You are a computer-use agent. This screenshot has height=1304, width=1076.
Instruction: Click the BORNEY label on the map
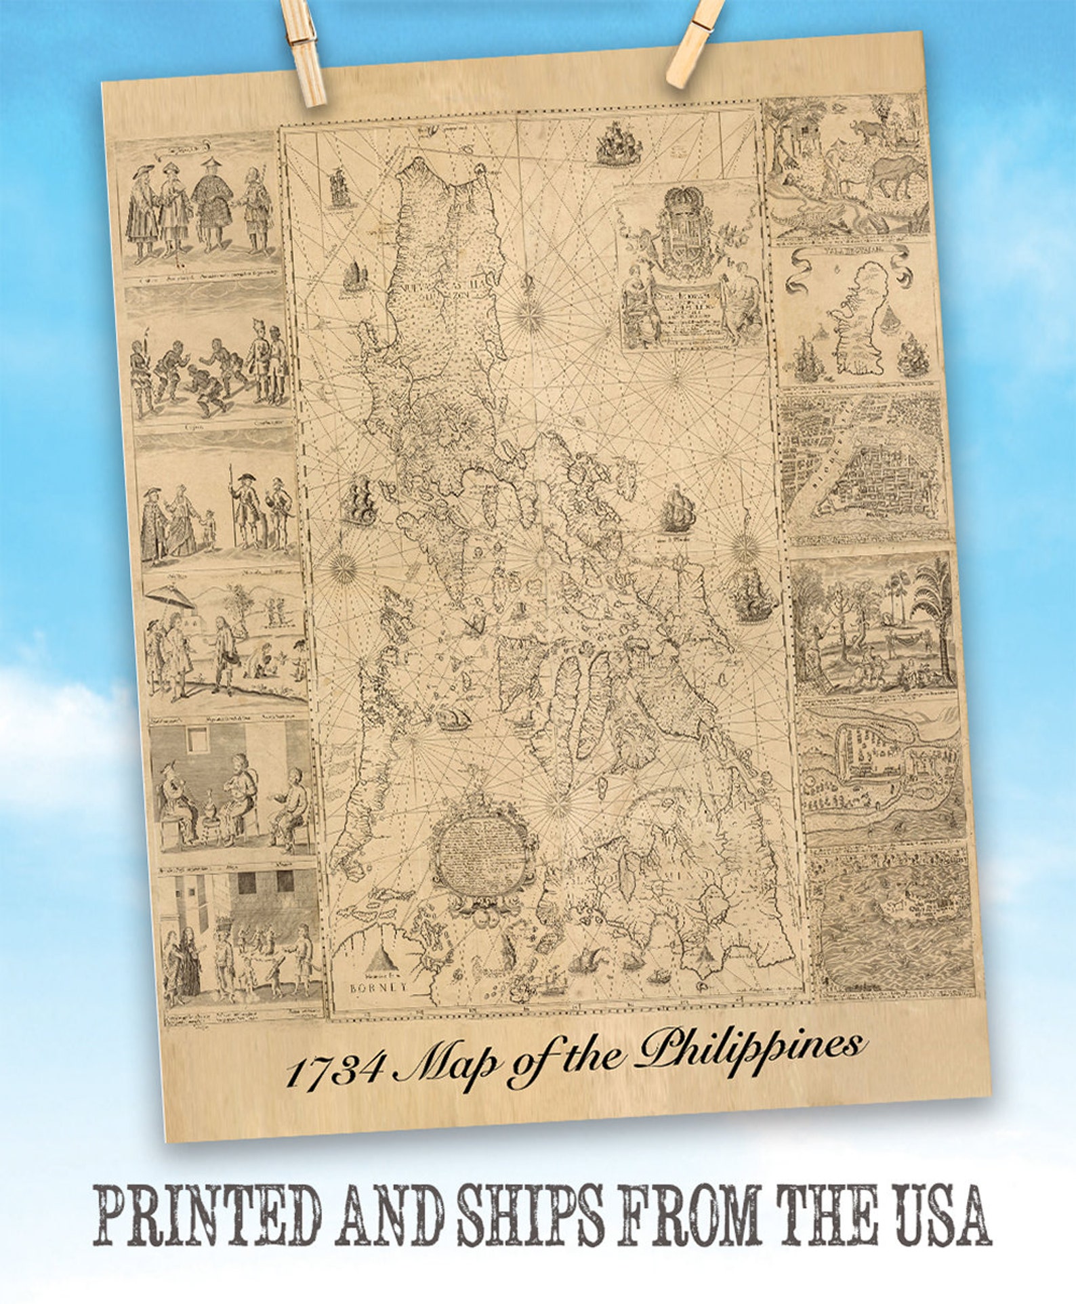pos(378,986)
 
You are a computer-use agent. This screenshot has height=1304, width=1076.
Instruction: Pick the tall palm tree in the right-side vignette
pos(933,610)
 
